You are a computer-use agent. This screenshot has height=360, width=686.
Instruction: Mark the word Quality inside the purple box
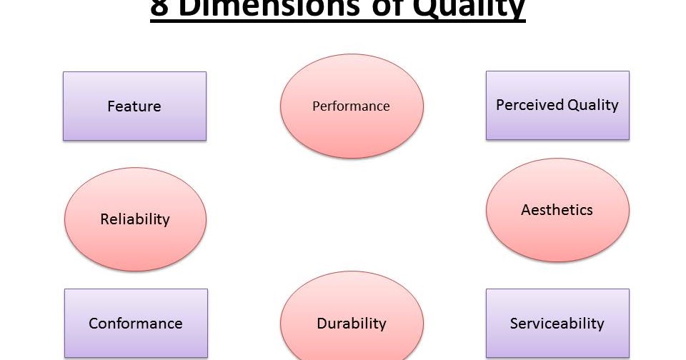(x=593, y=105)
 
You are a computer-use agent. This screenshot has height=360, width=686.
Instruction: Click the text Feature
(x=134, y=106)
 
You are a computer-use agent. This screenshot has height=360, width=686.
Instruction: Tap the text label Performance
(x=351, y=106)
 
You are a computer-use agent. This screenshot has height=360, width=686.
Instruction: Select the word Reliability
(x=135, y=219)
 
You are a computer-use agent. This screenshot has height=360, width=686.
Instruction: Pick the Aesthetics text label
(x=557, y=210)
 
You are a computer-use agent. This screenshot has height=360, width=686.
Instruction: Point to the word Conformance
(x=136, y=324)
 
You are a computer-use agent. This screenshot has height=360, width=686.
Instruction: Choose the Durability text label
(x=351, y=324)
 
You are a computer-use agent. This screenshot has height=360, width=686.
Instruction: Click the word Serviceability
(x=557, y=324)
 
